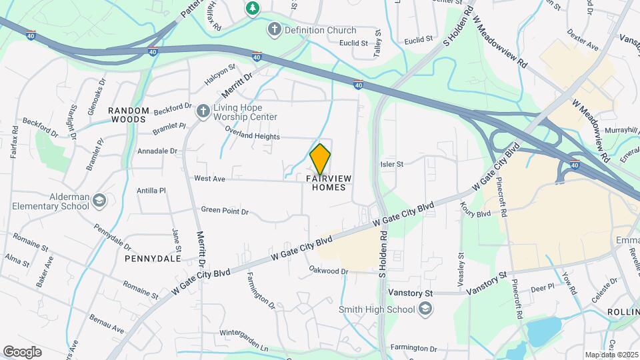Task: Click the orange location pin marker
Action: point(320,159)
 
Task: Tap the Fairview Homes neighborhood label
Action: point(329,183)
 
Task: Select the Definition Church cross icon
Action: point(273,30)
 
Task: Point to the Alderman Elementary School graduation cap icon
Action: point(99,201)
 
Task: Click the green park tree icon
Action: point(253,8)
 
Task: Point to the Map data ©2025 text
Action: point(611,355)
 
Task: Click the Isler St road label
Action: point(391,164)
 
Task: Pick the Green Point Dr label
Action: point(225,211)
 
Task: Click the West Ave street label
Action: point(210,179)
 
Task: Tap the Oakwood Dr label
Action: point(329,271)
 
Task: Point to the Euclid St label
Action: point(353,43)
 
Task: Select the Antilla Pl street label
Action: point(151,191)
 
